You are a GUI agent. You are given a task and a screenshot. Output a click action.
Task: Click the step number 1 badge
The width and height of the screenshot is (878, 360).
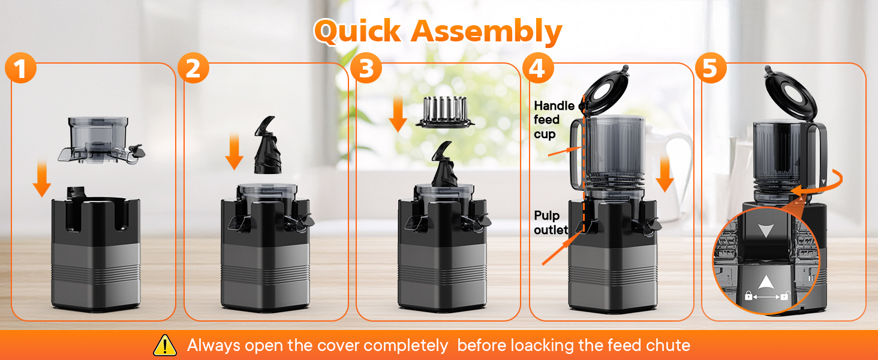point(20,68)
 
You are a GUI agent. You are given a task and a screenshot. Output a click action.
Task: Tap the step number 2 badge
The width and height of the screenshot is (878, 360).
point(193,68)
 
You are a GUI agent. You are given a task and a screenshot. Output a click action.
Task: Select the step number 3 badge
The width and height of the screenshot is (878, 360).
point(366,68)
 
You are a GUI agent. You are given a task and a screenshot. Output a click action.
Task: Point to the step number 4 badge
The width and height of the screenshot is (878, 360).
point(538,68)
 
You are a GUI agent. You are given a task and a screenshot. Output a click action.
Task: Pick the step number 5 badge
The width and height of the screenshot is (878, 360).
point(711,68)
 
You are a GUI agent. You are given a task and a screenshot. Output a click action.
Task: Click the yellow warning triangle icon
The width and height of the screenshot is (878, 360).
point(165,345)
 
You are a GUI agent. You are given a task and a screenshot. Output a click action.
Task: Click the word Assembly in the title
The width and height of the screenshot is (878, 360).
point(486,32)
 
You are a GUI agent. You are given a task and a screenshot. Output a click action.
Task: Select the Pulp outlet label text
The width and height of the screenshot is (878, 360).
point(551,223)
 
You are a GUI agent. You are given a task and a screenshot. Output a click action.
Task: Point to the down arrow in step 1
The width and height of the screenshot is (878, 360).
point(41,178)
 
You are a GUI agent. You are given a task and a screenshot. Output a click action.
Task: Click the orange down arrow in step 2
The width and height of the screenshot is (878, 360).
point(234,151)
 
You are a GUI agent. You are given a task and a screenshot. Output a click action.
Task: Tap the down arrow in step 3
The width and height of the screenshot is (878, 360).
point(398,114)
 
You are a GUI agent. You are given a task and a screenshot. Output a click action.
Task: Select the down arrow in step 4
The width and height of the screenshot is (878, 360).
point(664,173)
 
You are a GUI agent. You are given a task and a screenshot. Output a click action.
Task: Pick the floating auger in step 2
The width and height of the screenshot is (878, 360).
point(267,145)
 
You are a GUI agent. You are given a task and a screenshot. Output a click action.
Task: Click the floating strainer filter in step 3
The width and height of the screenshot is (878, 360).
point(445,112)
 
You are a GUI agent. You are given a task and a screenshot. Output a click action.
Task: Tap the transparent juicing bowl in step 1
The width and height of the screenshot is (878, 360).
point(101,140)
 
